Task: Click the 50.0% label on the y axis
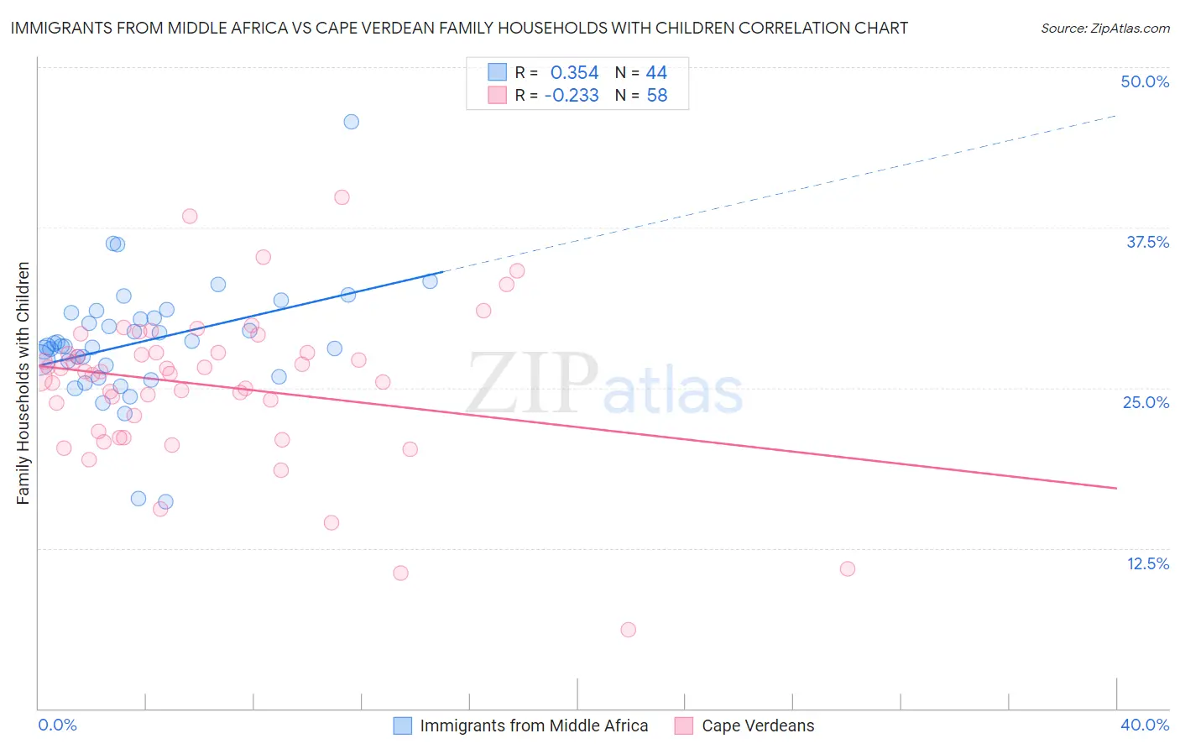(x=1145, y=81)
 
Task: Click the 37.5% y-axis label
(x=1147, y=242)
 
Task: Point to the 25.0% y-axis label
(x=1146, y=402)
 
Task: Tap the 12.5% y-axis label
(x=1147, y=563)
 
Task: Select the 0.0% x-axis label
(x=57, y=725)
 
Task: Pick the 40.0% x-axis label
(x=1145, y=725)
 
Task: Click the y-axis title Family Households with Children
(x=23, y=383)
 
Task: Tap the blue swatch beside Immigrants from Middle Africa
(x=403, y=725)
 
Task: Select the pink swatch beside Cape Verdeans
(x=684, y=725)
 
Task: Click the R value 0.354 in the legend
(x=574, y=73)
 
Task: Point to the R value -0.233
(x=572, y=96)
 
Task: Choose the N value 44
(x=656, y=73)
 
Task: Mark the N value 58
(x=656, y=96)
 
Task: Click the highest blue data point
(x=352, y=122)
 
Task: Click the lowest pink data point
(x=628, y=630)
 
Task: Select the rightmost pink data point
(x=848, y=569)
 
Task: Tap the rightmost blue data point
(x=430, y=281)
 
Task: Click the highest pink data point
(x=342, y=197)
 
